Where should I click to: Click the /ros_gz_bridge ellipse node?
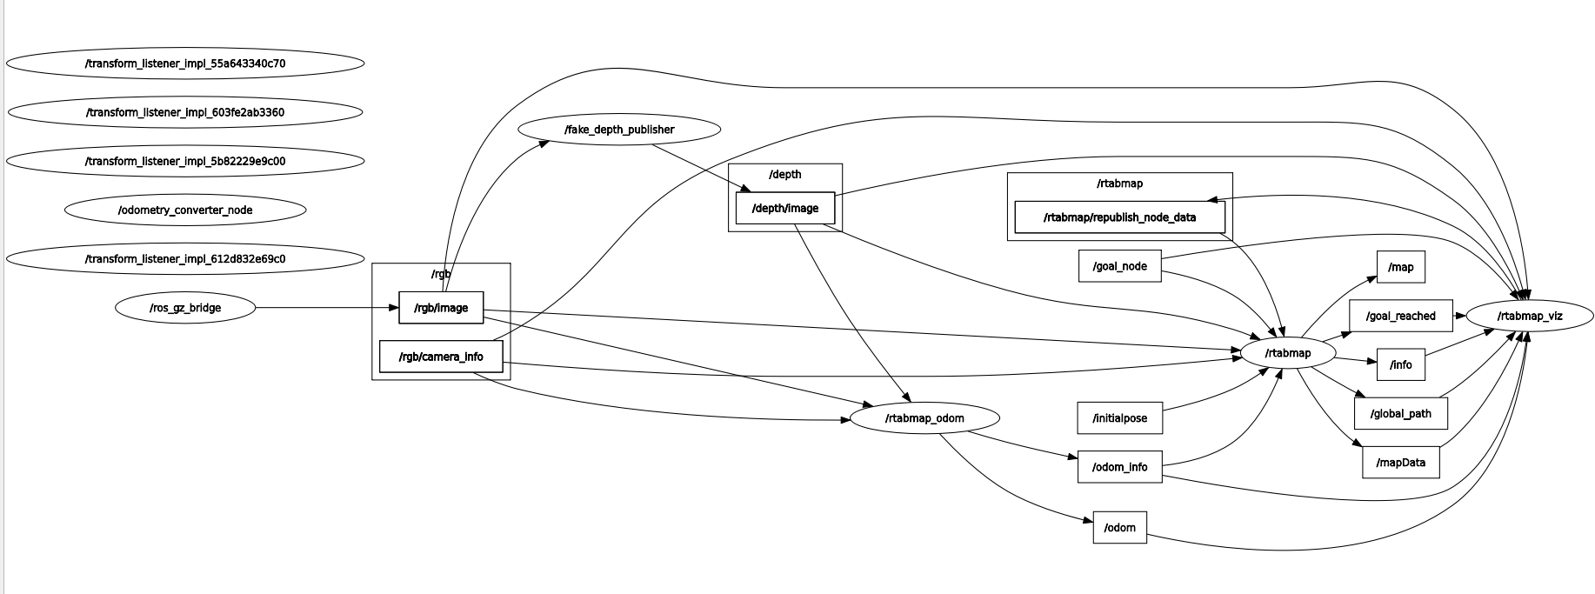point(185,308)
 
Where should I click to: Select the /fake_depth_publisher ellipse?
point(619,130)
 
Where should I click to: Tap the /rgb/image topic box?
point(441,308)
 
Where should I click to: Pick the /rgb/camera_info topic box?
point(441,357)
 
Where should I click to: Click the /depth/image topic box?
point(784,209)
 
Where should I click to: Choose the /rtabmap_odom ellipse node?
point(924,418)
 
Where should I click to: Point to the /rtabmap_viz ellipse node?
point(1530,316)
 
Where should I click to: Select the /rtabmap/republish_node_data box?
point(1119,217)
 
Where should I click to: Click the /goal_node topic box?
point(1120,266)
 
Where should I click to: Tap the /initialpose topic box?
point(1120,418)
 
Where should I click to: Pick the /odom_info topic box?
point(1120,467)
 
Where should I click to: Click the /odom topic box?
point(1120,528)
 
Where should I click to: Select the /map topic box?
point(1401,267)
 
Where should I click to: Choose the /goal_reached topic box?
point(1400,316)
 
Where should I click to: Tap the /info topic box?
point(1401,364)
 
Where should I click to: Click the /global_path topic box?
point(1400,413)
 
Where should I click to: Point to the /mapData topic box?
point(1400,463)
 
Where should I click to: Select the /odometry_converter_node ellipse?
point(185,210)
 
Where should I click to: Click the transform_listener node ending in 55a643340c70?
point(185,63)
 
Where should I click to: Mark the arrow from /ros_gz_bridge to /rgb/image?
point(326,308)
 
